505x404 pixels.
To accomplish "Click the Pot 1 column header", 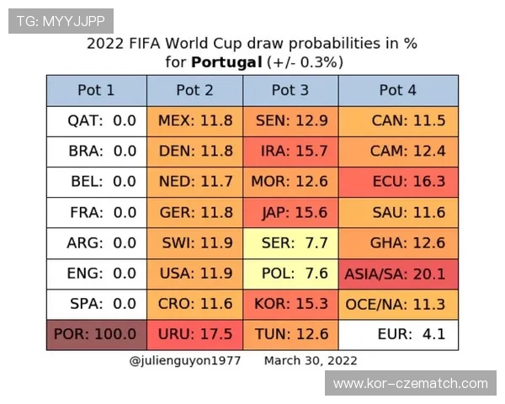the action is [x=97, y=91].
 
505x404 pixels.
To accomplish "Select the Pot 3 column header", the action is [x=290, y=91].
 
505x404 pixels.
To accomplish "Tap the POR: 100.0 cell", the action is [x=97, y=335].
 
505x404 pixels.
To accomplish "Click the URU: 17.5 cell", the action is [x=195, y=335].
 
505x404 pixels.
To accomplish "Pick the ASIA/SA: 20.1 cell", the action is [x=398, y=274].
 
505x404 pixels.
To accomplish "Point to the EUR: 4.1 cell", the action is [x=398, y=335].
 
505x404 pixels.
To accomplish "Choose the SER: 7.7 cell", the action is [x=290, y=243].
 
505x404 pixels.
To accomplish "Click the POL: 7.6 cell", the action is [x=290, y=274].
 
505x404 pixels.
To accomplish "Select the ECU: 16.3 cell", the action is [x=398, y=182].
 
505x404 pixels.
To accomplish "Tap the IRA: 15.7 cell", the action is [x=290, y=151].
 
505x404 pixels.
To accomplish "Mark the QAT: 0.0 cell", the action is [x=97, y=121].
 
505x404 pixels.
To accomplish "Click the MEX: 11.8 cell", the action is [x=195, y=121].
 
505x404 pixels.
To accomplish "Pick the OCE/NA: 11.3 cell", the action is [x=398, y=304].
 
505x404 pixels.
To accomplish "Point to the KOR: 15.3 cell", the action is [x=290, y=304].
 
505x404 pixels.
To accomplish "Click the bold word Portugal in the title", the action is [x=226, y=62].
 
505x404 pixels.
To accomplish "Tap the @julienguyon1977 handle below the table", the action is [x=185, y=361].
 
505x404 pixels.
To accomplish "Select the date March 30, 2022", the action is [x=311, y=361].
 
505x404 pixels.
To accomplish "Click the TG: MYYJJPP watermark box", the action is [x=61, y=21].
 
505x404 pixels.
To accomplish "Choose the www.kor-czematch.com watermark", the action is [x=411, y=383].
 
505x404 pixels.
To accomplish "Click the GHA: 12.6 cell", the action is [x=398, y=243].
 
